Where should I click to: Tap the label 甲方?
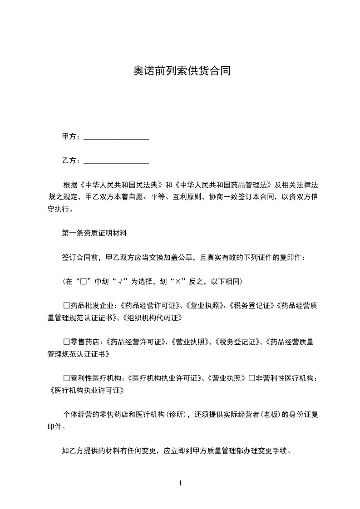pos(69,137)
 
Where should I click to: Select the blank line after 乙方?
pos(117,162)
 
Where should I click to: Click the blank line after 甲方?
pos(117,137)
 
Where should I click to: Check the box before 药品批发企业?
pos(66,306)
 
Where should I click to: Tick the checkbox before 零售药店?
pos(66,342)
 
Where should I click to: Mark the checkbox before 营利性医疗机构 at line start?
pos(66,378)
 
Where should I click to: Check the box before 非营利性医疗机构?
pos(252,378)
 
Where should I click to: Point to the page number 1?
pos(180,483)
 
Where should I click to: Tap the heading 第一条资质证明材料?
pos(94,234)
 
